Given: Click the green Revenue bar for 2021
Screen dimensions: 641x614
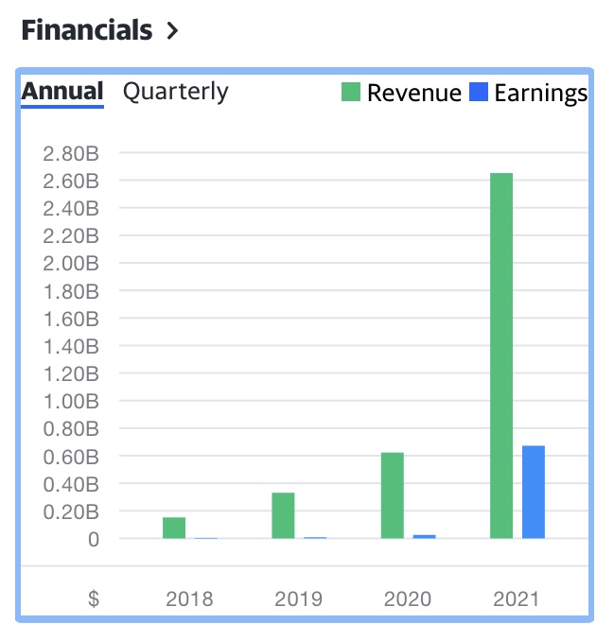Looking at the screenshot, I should point(501,355).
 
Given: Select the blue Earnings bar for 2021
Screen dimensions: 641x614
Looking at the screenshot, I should point(534,492).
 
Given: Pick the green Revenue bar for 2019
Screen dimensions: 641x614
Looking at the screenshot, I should point(283,515).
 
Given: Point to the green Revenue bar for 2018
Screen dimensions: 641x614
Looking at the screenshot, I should point(174,528).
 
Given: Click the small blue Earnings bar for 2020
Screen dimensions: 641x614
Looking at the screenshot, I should point(425,536).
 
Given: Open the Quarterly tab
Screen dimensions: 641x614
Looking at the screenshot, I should point(176,92).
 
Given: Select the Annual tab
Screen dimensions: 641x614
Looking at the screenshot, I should point(62,92).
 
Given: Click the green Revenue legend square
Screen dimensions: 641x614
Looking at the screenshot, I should point(351,93).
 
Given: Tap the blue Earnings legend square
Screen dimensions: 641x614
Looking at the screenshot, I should point(479,93).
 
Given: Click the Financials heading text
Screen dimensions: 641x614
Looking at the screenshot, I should point(86,30).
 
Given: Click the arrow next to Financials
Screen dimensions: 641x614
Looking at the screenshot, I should point(171,31).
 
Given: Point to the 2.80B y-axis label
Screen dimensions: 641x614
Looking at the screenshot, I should point(72,153).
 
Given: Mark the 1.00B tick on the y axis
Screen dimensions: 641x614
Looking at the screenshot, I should point(72,402).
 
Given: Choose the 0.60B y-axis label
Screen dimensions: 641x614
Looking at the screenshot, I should point(72,457).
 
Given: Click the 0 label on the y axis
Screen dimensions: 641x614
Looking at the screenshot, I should point(94,540).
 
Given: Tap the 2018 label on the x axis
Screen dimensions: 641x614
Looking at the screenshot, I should point(189,598).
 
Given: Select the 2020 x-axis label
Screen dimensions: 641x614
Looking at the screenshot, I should point(408,598).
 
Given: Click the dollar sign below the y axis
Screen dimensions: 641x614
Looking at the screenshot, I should point(94,598).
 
